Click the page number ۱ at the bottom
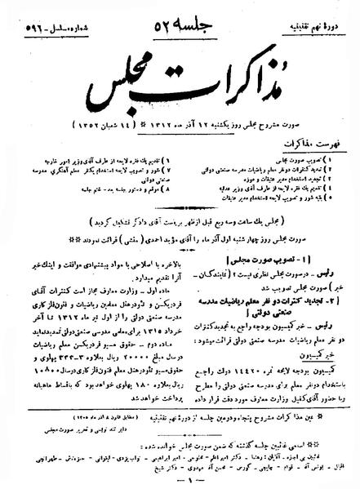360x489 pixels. point(180,481)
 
